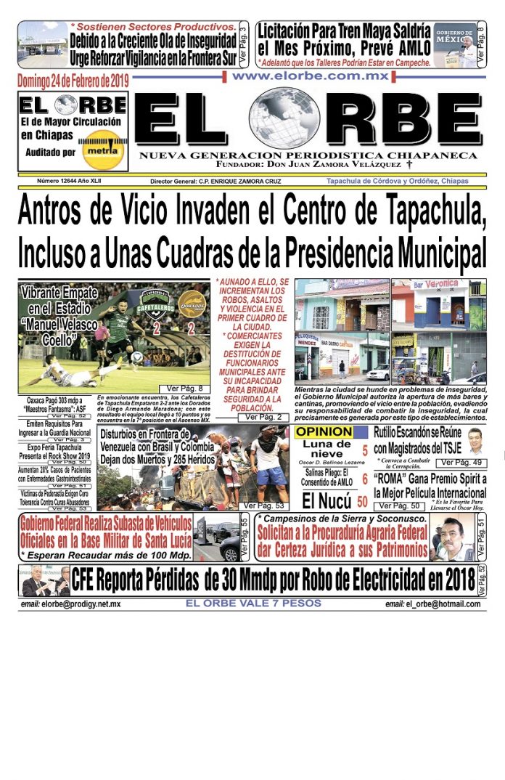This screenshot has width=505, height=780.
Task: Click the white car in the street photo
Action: (379, 373)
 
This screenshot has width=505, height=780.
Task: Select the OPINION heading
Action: (323, 432)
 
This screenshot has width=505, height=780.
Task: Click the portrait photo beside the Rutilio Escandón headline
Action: (475, 441)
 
